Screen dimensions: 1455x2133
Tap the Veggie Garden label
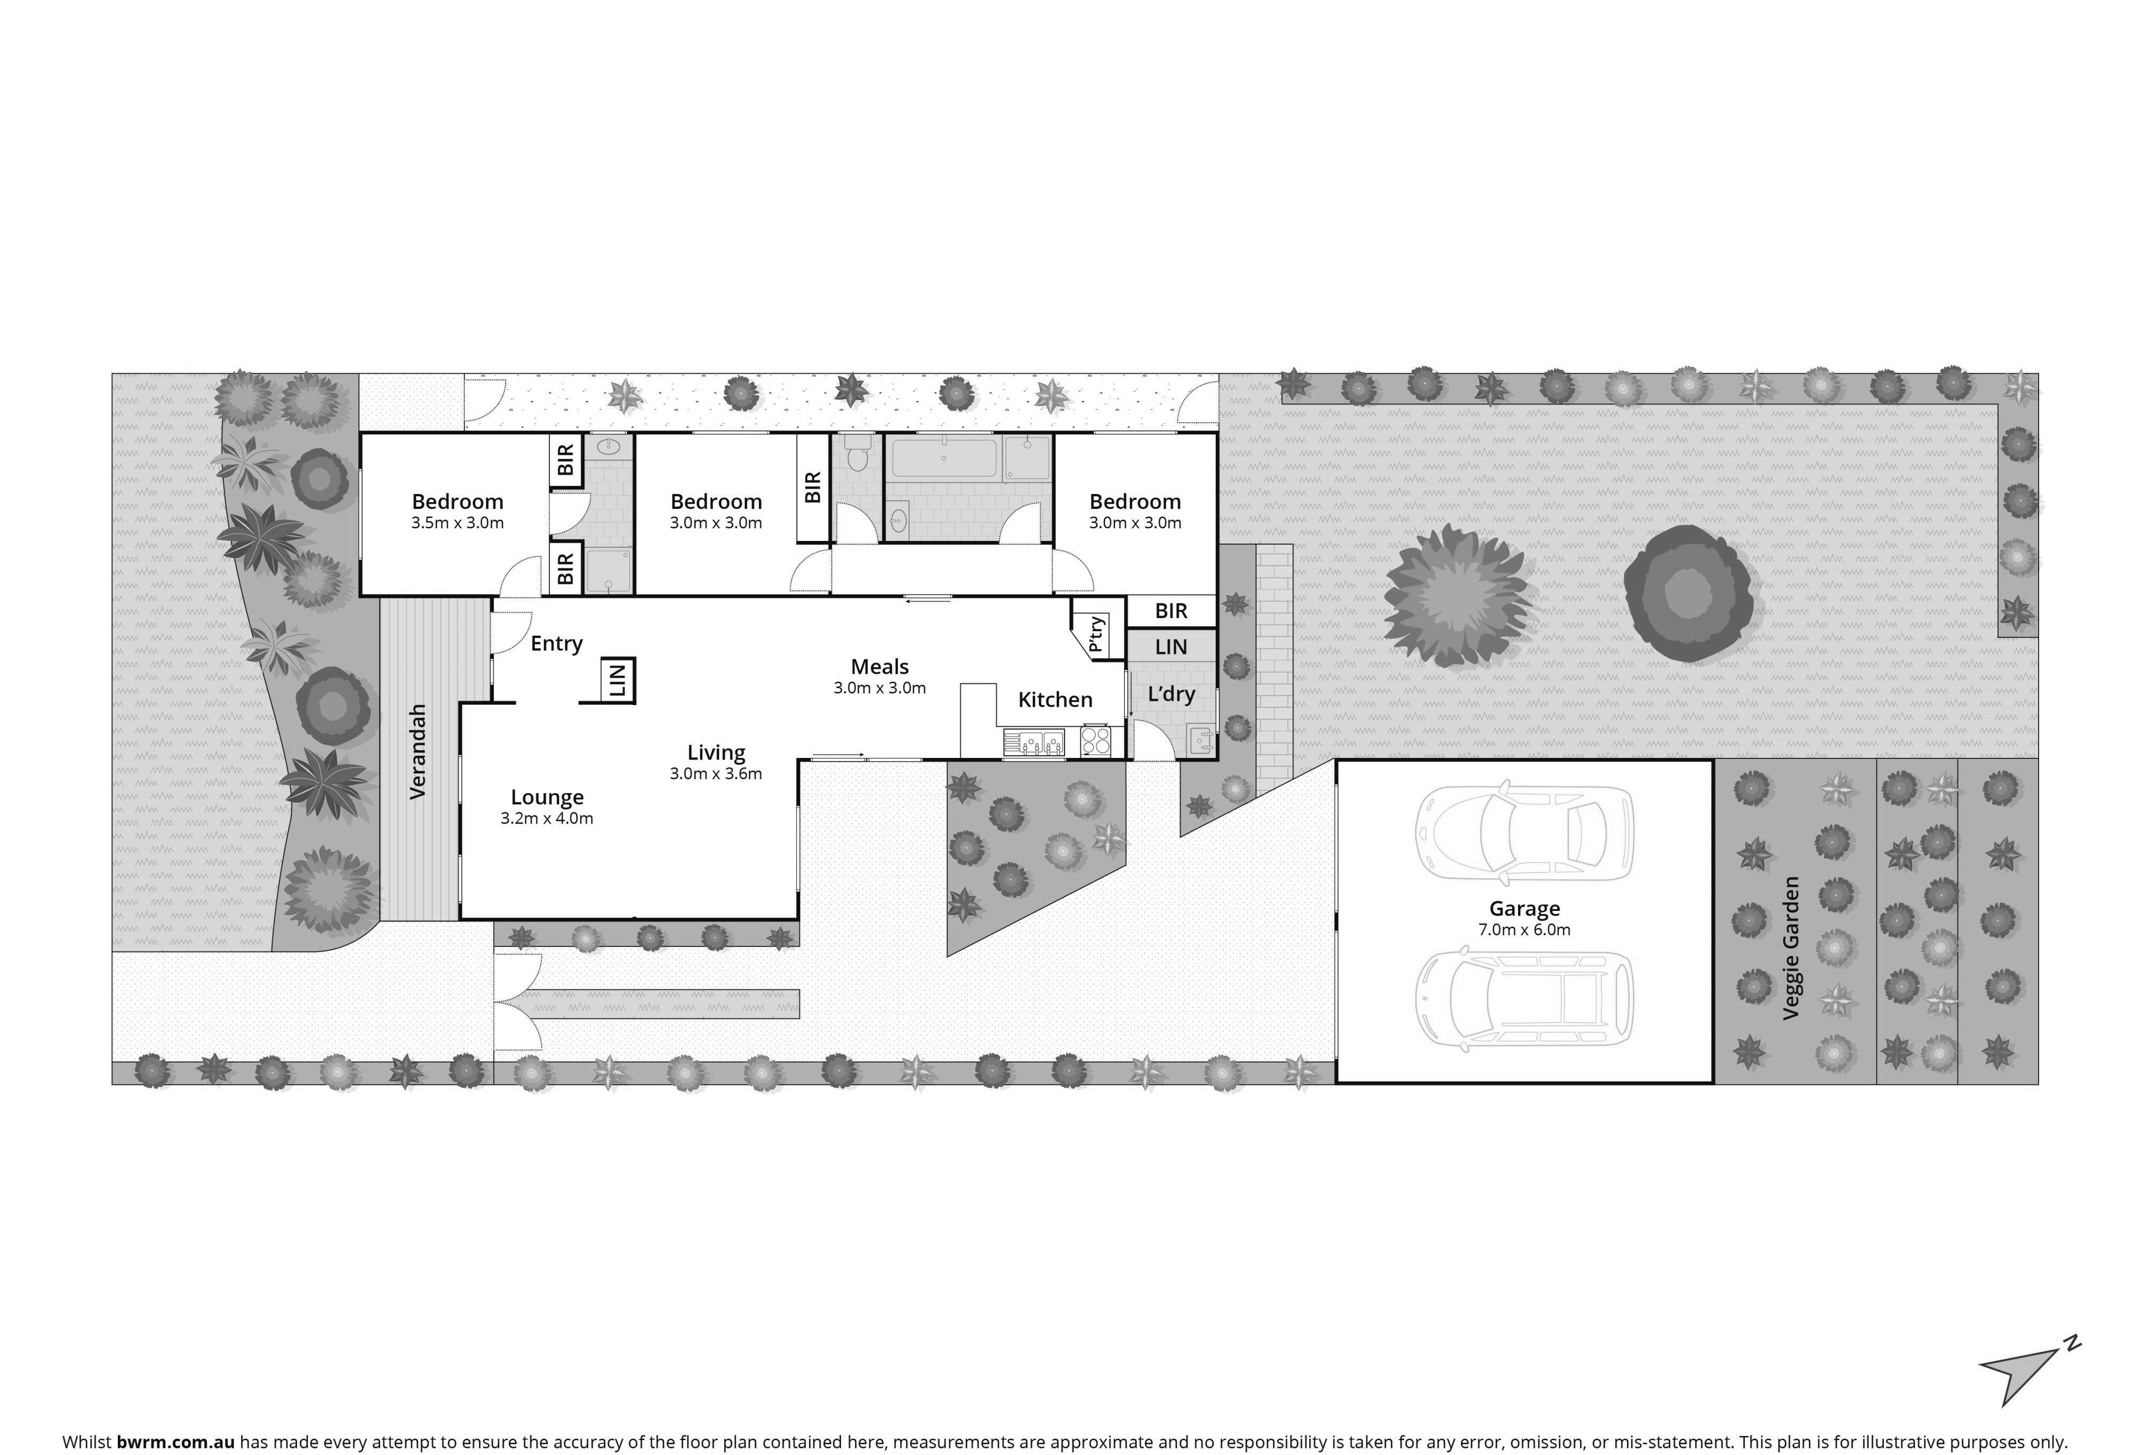tap(1791, 948)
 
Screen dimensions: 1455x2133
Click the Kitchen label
tap(1055, 700)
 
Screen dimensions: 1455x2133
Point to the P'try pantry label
tap(1097, 634)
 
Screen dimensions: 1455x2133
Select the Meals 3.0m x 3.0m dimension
tap(879, 688)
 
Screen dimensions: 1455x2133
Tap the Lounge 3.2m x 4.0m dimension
tap(547, 818)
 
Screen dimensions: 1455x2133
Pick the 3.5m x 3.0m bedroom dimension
tap(457, 523)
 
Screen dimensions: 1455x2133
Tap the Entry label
tap(556, 643)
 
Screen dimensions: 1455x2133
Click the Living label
tap(716, 752)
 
